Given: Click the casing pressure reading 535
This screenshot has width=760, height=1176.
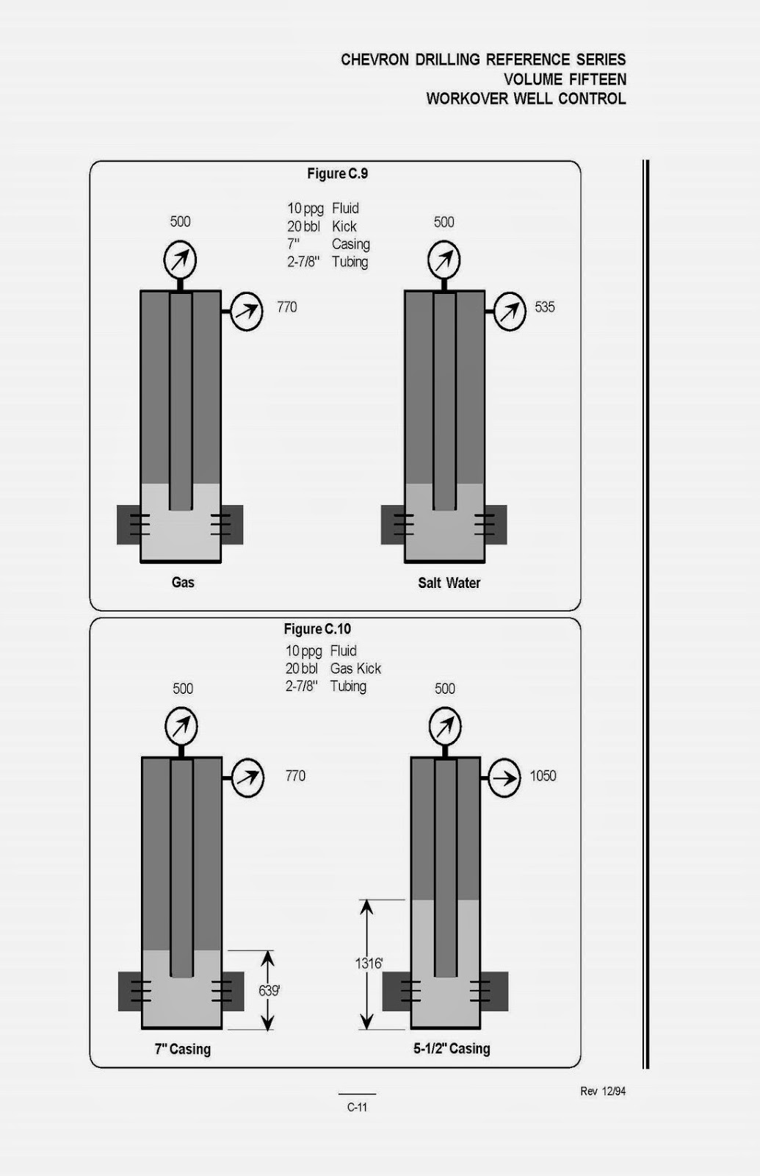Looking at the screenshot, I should [x=544, y=307].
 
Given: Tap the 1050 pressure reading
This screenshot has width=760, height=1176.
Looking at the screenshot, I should [x=543, y=776].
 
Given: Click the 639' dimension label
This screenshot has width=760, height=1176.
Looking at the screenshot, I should [x=269, y=991].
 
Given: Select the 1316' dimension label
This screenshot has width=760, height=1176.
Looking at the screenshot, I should [x=369, y=963].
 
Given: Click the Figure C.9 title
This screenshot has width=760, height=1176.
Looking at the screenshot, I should [x=337, y=174].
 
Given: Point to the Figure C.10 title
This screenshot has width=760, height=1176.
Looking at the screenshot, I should [x=317, y=629].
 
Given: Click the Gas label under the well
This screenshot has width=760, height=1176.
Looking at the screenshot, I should [x=183, y=583].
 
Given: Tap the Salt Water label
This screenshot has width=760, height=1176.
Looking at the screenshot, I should [x=449, y=583].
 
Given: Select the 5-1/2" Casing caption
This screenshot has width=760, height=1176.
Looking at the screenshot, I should [x=451, y=1049].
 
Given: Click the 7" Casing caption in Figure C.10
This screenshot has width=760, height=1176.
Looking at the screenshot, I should [x=182, y=1049].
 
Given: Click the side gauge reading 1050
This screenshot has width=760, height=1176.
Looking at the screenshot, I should [x=504, y=778].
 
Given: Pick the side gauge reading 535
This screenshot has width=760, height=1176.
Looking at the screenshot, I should [x=509, y=312].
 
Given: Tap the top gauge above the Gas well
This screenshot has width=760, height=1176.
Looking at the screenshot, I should [x=180, y=260].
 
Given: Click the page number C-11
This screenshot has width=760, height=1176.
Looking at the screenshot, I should [x=357, y=1107].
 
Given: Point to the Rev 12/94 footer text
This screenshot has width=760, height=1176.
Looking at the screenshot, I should [x=602, y=1091].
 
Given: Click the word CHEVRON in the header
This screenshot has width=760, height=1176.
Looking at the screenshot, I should [x=374, y=60].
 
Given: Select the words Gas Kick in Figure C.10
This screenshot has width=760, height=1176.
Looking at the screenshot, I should [x=355, y=669].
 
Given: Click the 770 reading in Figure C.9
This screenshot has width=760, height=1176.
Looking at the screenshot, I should [x=286, y=307].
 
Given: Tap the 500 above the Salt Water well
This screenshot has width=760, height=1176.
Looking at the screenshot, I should [x=444, y=222].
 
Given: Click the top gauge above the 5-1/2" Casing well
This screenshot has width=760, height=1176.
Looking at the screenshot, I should [x=445, y=727].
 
